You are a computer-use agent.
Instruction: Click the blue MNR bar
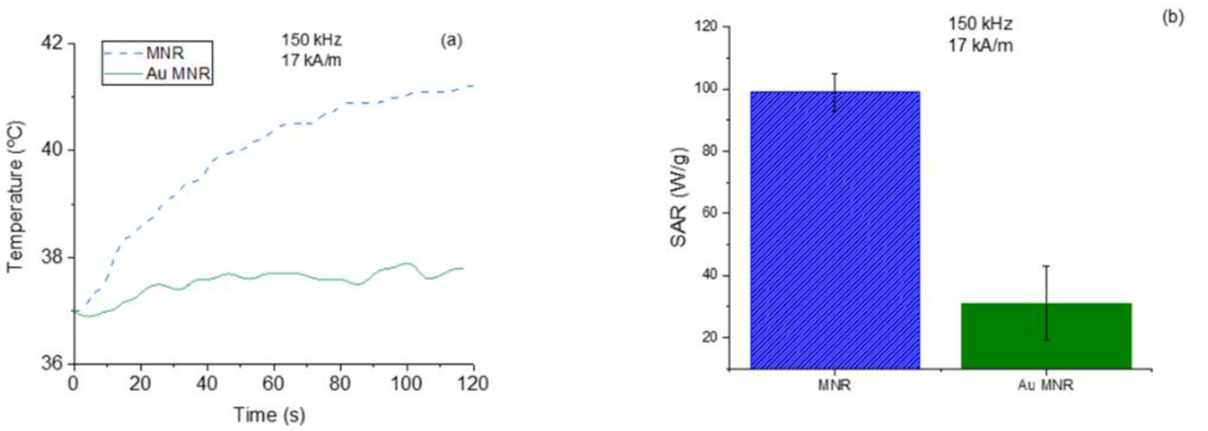pyautogui.click(x=835, y=230)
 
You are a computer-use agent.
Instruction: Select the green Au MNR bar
pyautogui.click(x=1046, y=336)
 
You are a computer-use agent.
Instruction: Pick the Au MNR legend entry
pyautogui.click(x=178, y=74)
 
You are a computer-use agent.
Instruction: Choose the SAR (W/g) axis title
pyautogui.click(x=678, y=197)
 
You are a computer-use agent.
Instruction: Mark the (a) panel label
pyautogui.click(x=451, y=41)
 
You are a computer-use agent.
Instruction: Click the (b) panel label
pyautogui.click(x=1172, y=18)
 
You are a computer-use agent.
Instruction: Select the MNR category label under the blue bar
pyautogui.click(x=835, y=385)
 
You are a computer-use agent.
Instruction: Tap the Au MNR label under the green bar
pyautogui.click(x=1045, y=385)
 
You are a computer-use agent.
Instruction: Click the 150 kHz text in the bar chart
pyautogui.click(x=981, y=24)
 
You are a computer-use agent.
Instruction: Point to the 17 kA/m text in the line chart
pyautogui.click(x=311, y=61)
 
